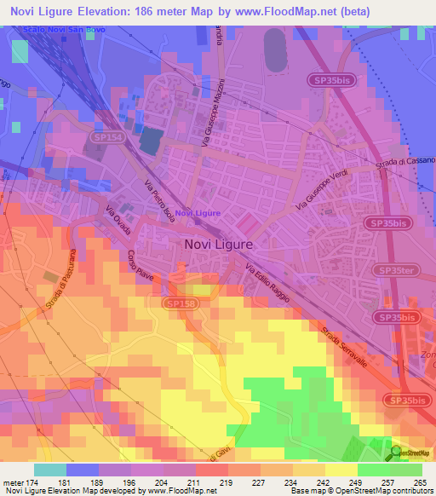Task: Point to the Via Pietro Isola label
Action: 159,200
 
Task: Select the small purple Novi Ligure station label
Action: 198,213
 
